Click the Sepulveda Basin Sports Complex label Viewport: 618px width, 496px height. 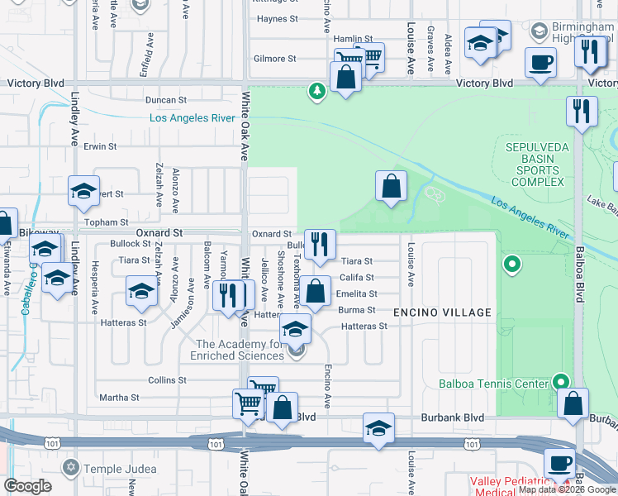click(x=534, y=165)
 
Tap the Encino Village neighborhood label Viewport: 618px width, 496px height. click(x=442, y=312)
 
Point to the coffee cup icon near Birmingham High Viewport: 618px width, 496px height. click(x=541, y=63)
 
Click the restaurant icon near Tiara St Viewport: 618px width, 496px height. click(x=321, y=243)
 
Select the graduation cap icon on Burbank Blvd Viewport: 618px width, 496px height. click(x=378, y=427)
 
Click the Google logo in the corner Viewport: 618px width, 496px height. click(x=27, y=485)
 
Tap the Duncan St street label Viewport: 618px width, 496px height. click(x=162, y=100)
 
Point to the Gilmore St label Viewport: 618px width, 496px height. click(x=274, y=59)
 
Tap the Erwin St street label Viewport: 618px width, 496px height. click(x=100, y=146)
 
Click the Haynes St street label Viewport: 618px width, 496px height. click(x=276, y=19)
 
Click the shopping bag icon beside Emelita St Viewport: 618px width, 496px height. click(x=315, y=291)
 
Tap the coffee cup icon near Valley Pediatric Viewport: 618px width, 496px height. click(x=559, y=462)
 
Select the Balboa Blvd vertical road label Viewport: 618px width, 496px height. click(x=581, y=272)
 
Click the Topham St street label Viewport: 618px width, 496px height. click(x=107, y=222)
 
